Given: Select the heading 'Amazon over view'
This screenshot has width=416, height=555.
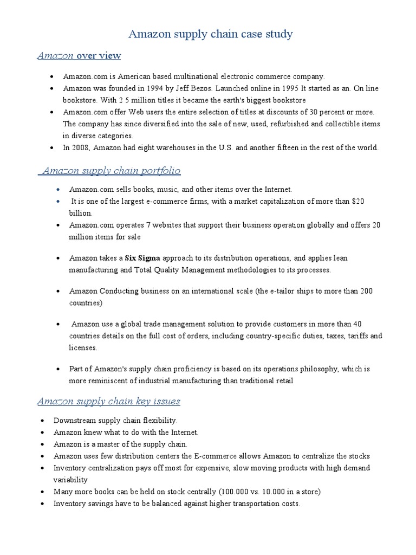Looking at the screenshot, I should click(x=79, y=56).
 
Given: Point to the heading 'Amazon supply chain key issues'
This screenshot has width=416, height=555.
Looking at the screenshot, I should click(x=108, y=401).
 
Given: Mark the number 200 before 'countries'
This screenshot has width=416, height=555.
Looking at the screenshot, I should click(x=366, y=291).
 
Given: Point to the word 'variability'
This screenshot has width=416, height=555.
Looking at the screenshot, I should click(x=70, y=480).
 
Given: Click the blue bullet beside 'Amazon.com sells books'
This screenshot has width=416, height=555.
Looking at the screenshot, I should click(x=58, y=190).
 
